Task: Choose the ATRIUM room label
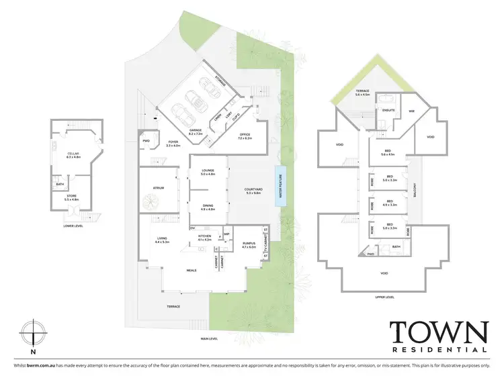click(159, 189)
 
